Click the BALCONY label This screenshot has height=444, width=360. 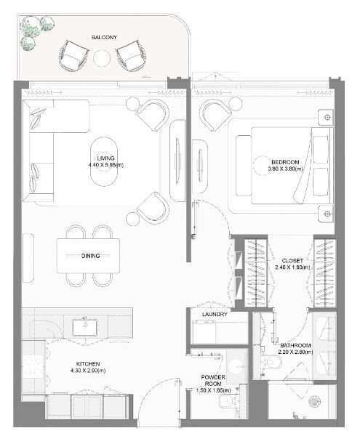click(x=104, y=37)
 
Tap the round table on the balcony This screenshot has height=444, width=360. click(x=102, y=58)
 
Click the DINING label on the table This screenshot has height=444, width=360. click(x=90, y=256)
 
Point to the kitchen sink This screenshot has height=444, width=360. click(x=85, y=327)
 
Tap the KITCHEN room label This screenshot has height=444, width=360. click(x=88, y=364)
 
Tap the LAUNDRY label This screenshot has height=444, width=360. click(x=215, y=315)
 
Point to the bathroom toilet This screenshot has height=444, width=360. click(x=273, y=362)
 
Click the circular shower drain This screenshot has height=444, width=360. click(x=315, y=401)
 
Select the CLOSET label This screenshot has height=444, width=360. click(x=292, y=261)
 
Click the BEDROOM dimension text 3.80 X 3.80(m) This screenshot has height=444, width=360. click(x=285, y=169)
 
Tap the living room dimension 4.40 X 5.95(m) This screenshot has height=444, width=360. click(x=105, y=164)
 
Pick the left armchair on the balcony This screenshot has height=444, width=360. click(x=73, y=56)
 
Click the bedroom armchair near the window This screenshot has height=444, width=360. click(x=215, y=114)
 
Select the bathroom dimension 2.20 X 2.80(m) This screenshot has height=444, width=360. click(x=295, y=352)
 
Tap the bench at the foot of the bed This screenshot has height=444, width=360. click(x=244, y=166)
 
